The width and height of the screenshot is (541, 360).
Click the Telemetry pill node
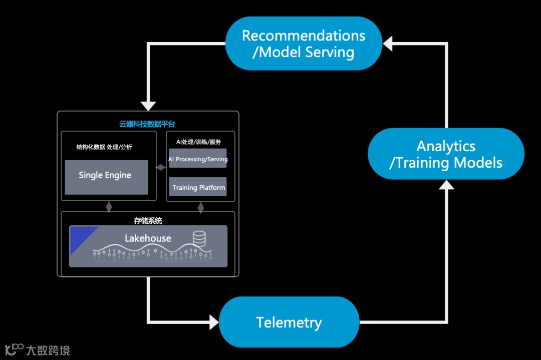point(289,322)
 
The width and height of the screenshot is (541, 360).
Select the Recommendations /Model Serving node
point(304,44)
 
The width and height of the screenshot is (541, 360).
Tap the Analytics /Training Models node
point(446,154)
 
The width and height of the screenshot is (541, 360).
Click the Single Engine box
point(106,177)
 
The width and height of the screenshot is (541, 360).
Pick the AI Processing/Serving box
point(198,158)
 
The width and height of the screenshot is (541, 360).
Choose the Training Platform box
point(198,187)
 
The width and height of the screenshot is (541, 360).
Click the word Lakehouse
point(148,238)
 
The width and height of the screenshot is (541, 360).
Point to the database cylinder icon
point(199,238)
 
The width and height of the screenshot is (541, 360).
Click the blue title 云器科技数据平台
point(147,124)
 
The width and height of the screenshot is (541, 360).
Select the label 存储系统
point(148,221)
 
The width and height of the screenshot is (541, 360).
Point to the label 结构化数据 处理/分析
point(104,147)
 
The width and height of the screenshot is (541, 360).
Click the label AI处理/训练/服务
point(198,142)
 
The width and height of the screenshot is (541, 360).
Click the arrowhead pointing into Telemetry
point(214,322)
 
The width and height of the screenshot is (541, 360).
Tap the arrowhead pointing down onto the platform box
point(148,106)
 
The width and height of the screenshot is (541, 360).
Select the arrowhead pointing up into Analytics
point(446,185)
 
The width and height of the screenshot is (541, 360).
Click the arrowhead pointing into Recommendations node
point(387,44)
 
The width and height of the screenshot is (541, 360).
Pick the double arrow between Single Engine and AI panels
point(161,168)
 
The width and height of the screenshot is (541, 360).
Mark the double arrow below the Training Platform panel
point(201,207)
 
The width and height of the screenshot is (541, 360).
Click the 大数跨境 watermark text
point(48,350)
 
